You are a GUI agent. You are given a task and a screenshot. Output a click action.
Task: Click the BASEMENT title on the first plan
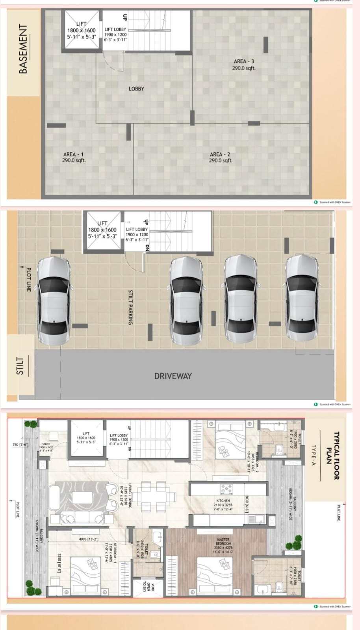coord(23,49)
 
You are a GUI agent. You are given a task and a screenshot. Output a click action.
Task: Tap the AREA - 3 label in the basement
coord(244,65)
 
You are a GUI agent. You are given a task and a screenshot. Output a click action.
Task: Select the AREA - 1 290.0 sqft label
coord(74,157)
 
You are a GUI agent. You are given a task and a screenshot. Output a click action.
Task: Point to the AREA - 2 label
coord(220,157)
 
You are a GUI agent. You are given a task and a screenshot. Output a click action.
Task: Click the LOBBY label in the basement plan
coord(136,89)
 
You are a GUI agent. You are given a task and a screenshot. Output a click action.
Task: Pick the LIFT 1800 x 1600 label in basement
coord(81,30)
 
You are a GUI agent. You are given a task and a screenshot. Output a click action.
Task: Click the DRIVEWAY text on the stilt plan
coord(173,376)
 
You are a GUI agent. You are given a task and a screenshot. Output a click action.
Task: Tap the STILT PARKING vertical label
coord(130,307)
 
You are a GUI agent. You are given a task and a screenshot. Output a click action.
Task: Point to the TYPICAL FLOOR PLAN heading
coord(333,456)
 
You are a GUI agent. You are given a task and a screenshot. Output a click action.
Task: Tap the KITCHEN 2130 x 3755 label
coord(223,505)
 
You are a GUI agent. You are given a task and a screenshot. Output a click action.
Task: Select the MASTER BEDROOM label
coord(223,545)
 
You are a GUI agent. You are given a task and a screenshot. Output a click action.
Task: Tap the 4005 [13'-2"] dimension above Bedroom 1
coord(89,539)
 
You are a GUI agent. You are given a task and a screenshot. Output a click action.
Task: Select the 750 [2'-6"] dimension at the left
coord(20,445)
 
